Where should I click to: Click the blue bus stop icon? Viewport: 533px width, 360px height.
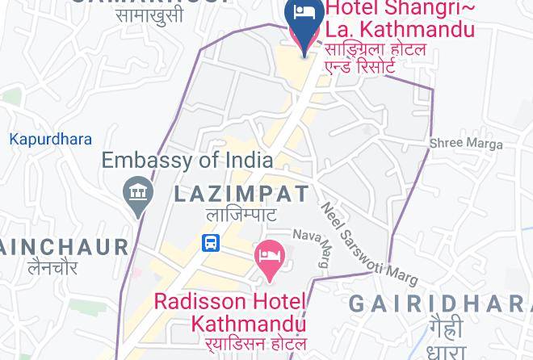pos(211,242)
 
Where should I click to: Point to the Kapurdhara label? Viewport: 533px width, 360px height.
pos(50,140)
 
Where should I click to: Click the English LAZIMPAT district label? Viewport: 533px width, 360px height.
pos(241,194)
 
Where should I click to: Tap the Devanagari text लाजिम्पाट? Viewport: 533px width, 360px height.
pos(241,215)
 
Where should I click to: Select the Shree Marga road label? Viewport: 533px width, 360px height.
pos(465,144)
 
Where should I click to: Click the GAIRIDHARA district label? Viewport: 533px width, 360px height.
pos(440,303)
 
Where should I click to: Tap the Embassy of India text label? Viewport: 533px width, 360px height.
pos(187,159)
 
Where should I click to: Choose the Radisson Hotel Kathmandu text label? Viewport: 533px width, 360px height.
pos(230,312)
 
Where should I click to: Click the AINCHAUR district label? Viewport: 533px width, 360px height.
pos(64,247)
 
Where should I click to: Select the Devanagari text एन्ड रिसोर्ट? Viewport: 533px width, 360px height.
pos(359,67)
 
